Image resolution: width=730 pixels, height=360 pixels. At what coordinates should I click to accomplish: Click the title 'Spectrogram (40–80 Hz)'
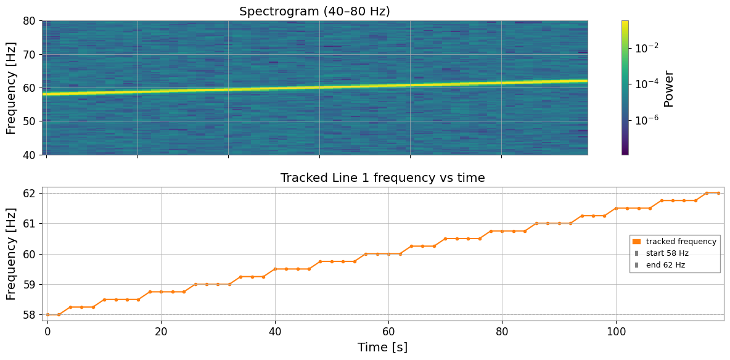(314, 11)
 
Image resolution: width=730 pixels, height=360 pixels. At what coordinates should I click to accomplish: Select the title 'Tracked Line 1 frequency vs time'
(383, 178)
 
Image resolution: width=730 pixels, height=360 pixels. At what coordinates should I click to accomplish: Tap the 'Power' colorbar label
(668, 88)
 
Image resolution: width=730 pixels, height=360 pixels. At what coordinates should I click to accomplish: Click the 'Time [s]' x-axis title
(383, 348)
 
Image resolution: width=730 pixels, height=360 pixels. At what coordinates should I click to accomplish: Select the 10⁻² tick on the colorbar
(646, 48)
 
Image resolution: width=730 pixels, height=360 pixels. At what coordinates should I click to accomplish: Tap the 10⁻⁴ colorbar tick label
(646, 83)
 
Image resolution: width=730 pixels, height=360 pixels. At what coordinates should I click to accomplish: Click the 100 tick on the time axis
(616, 333)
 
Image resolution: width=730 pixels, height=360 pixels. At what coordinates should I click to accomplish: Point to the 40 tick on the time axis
(275, 333)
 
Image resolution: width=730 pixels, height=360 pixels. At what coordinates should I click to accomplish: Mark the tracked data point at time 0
(47, 315)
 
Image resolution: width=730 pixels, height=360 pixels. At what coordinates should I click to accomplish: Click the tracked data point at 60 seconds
(389, 254)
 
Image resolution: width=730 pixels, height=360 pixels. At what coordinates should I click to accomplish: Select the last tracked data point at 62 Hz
(718, 193)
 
